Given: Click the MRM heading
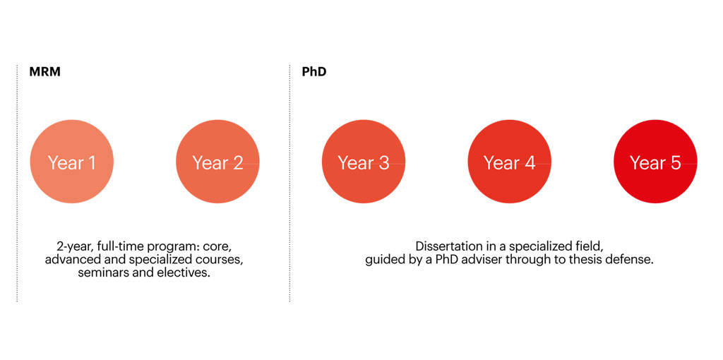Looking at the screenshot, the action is coord(44,73).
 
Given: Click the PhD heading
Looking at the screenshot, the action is coord(314,73).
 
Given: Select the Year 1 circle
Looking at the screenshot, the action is coord(72,162).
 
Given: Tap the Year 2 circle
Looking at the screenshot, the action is coord(217,162).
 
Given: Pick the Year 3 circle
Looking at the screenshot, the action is coord(364,162).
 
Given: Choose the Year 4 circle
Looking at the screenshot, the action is coord(510,162).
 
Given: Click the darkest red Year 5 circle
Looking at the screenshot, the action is coord(655,162).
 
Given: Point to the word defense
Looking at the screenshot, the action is coord(634,260).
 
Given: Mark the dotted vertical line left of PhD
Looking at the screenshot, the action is coord(290,184).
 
